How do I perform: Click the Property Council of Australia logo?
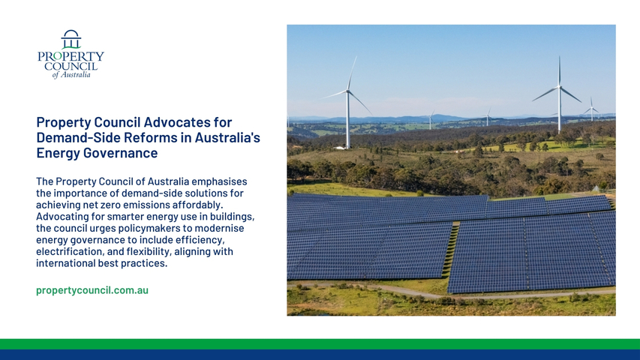(x=71, y=54)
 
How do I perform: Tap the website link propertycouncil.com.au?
(x=92, y=290)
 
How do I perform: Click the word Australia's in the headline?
(x=227, y=137)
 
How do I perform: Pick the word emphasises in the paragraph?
(x=220, y=181)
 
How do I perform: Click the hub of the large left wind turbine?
(x=347, y=91)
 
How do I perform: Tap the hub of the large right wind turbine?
(x=559, y=86)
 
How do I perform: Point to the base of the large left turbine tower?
(x=347, y=147)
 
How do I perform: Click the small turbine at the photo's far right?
(x=591, y=109)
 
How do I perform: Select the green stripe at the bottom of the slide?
(x=320, y=344)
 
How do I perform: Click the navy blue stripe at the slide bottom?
(x=320, y=355)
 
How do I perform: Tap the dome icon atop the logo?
(x=71, y=39)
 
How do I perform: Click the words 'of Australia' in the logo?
(x=71, y=75)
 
